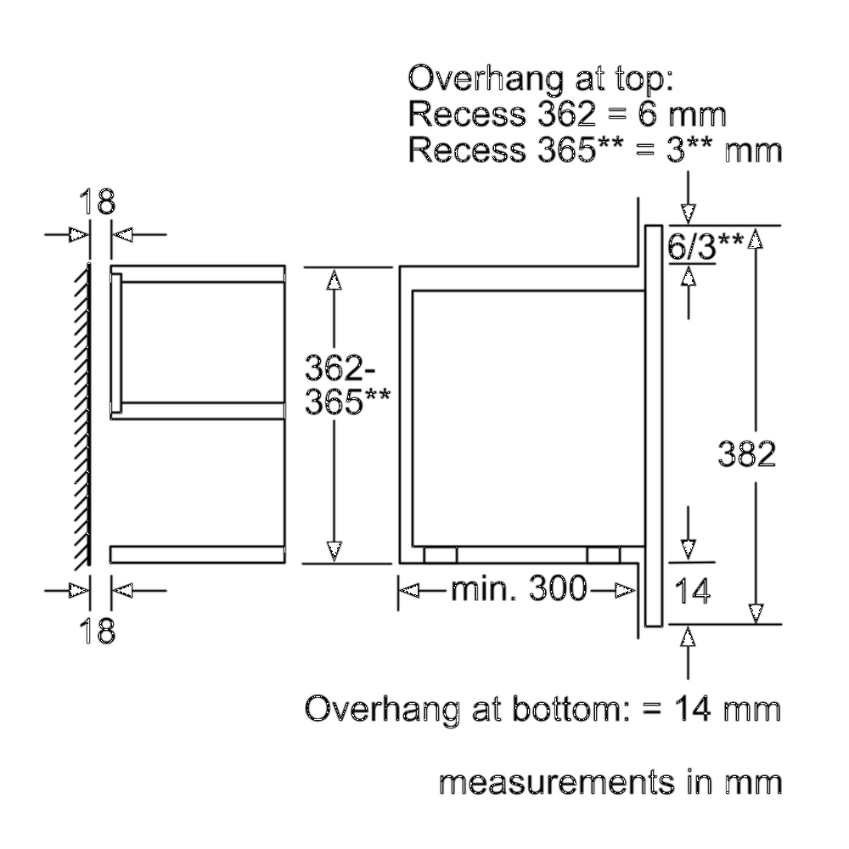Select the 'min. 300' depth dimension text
pyautogui.click(x=518, y=588)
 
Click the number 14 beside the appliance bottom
pyautogui.click(x=694, y=591)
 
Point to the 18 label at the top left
pyautogui.click(x=99, y=203)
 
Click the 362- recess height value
pyautogui.click(x=335, y=369)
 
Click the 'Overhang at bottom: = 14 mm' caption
pyautogui.click(x=543, y=709)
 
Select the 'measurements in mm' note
pyautogui.click(x=610, y=783)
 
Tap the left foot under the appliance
pyautogui.click(x=440, y=554)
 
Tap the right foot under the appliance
pyautogui.click(x=603, y=554)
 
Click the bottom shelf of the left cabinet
pyautogui.click(x=197, y=554)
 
